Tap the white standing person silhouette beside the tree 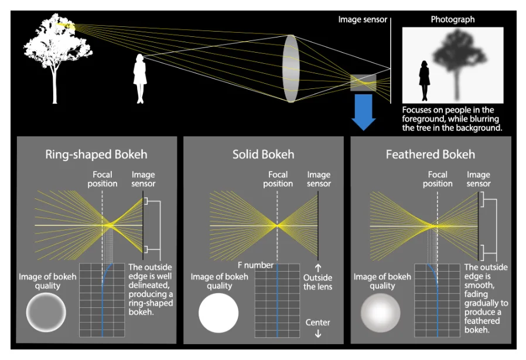point(140,78)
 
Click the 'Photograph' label point(452,19)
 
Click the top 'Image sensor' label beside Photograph point(363,19)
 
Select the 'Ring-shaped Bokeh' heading point(97,155)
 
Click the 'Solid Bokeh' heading point(263,155)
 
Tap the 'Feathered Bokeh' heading point(430,155)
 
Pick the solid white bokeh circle point(218,313)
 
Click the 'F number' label point(255,265)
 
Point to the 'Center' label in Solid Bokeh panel point(317,323)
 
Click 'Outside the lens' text point(317,282)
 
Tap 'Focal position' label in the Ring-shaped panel point(103,179)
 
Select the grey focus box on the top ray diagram point(363,82)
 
